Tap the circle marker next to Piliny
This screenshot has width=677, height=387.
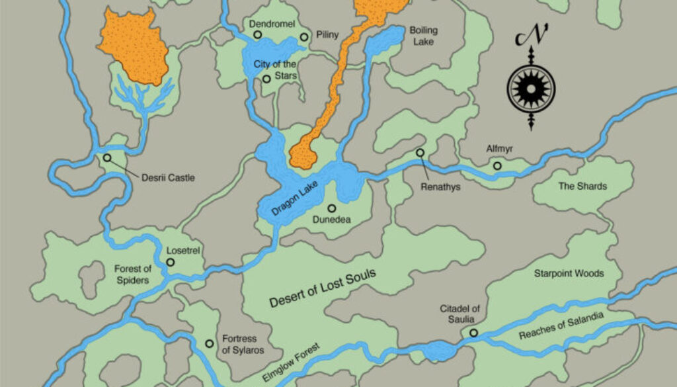pos(304,38)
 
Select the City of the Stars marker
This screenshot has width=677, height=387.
pos(266,79)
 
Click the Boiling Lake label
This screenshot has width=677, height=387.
pos(423,36)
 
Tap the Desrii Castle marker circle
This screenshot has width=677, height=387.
pos(107,158)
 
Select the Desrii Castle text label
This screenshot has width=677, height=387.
pos(168,178)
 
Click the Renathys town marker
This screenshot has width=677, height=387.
pos(420,153)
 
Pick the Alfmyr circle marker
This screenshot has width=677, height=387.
pos(497,166)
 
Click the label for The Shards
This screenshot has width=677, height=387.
pos(582,187)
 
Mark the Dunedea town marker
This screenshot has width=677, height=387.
pos(331,208)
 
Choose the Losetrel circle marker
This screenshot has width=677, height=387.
pos(170,263)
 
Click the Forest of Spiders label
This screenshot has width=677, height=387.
pos(133,275)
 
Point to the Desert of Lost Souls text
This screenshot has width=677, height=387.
pos(323,288)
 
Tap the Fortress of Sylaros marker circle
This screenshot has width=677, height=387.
pos(209,343)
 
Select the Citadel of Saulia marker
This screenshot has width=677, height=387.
pos(473,333)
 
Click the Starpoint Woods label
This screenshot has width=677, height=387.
pos(569,273)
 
